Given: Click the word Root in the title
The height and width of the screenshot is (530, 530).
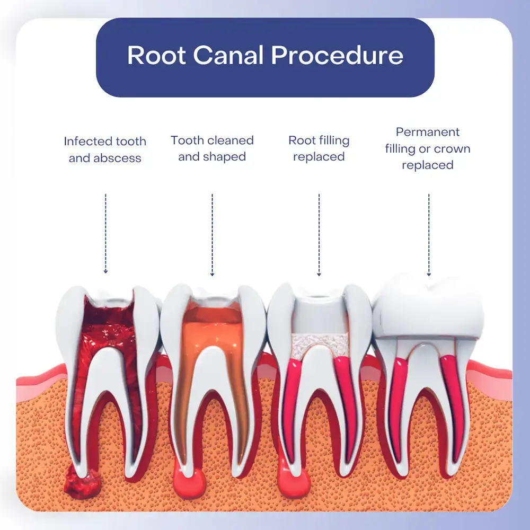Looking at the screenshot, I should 156,56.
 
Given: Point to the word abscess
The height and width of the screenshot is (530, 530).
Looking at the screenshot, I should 120,158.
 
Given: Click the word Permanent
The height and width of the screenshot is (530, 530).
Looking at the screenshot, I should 428,132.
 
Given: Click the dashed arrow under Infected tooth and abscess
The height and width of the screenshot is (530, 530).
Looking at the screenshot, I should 105,233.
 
